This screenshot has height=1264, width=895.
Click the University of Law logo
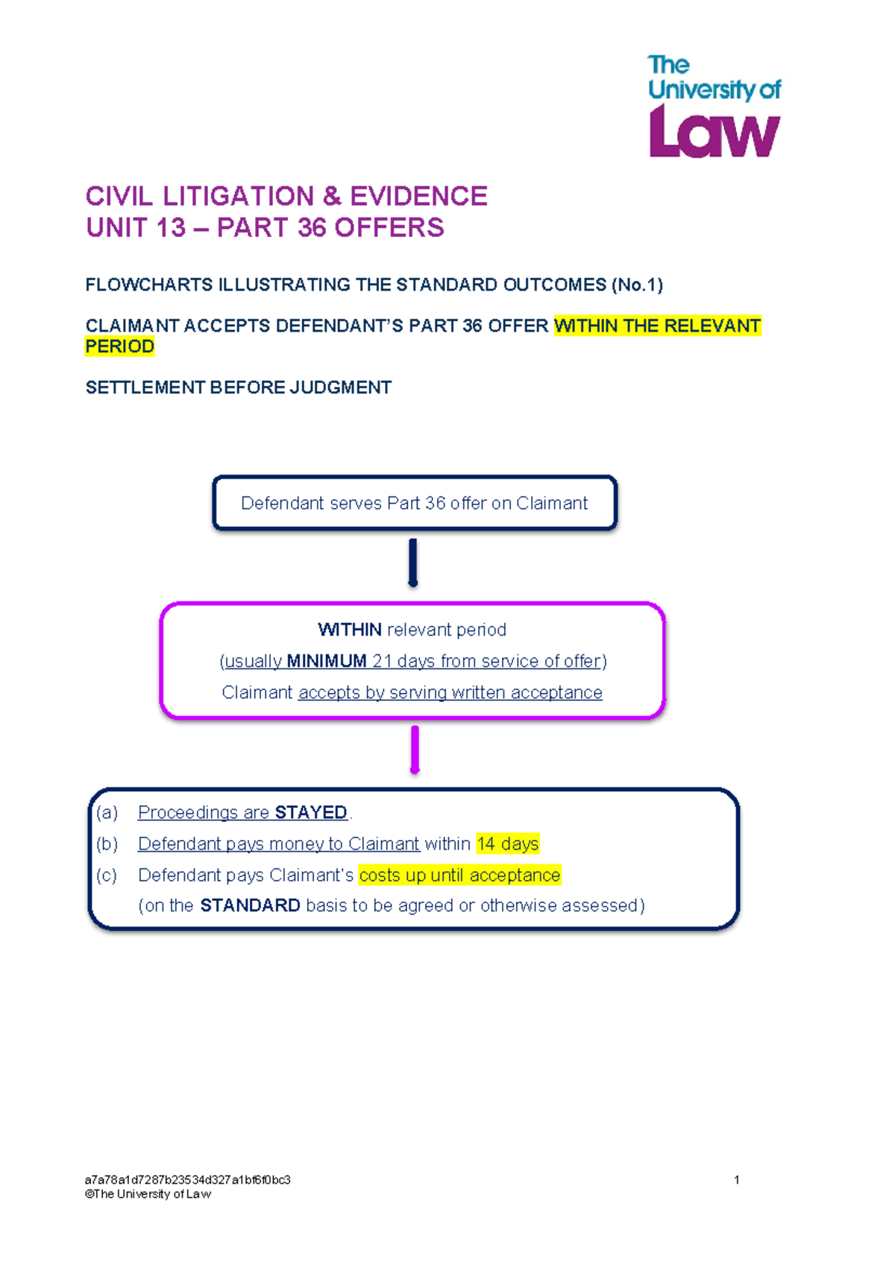click(715, 106)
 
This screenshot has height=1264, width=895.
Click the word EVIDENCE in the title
click(418, 196)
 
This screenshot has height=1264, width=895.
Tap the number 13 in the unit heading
click(171, 228)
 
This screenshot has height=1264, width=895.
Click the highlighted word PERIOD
click(120, 346)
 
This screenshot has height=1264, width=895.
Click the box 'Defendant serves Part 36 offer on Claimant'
click(415, 503)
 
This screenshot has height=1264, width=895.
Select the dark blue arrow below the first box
click(412, 563)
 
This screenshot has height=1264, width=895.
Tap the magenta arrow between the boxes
click(415, 750)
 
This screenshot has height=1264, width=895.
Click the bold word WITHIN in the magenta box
click(350, 630)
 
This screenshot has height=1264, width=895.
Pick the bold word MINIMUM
click(327, 661)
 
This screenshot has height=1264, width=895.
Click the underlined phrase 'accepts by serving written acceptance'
click(450, 692)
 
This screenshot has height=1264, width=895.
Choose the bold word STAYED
click(310, 812)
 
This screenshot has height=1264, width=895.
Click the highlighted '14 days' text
click(508, 844)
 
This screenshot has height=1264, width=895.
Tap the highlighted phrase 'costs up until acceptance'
click(459, 875)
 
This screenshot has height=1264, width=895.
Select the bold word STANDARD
click(250, 905)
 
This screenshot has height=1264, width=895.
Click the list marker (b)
click(107, 844)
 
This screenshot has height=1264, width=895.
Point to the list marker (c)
click(107, 875)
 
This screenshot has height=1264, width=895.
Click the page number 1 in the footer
click(736, 1179)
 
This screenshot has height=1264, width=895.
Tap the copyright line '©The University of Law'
click(148, 1194)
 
